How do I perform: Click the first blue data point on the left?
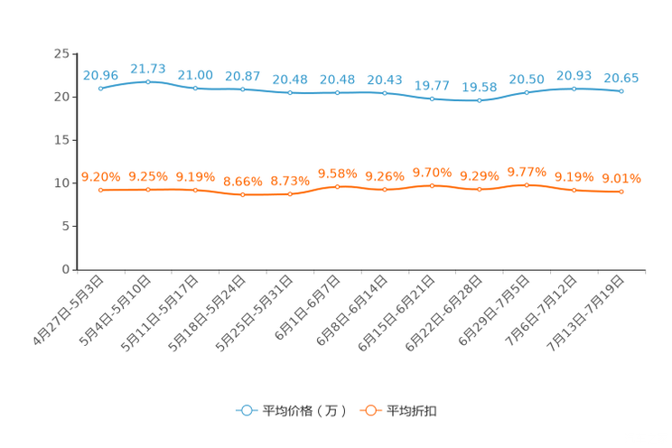(x=100, y=88)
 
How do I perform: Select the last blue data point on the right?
(x=621, y=91)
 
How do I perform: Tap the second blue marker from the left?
(x=148, y=81)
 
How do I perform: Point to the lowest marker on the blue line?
(x=480, y=100)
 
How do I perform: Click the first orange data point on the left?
(x=100, y=190)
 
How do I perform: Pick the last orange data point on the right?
(x=621, y=191)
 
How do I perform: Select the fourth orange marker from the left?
(x=243, y=195)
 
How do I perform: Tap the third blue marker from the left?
(x=195, y=89)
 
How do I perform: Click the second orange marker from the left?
(x=148, y=190)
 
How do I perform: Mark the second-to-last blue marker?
(x=574, y=89)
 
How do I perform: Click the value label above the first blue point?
(x=100, y=75)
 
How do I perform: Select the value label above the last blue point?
(x=621, y=79)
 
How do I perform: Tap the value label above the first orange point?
(x=100, y=177)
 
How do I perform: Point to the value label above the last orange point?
(x=621, y=179)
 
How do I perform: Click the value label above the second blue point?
(x=148, y=69)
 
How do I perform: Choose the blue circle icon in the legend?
(x=246, y=410)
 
